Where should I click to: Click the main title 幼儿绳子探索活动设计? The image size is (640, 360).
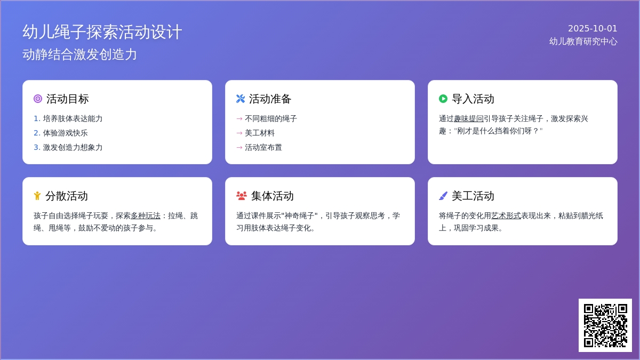[102, 31]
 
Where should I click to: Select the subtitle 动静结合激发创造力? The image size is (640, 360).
[79, 54]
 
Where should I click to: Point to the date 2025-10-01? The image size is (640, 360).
[593, 29]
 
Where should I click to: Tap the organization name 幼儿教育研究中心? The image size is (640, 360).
[583, 42]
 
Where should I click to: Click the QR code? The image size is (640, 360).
[605, 325]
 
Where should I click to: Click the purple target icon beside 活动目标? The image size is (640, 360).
[38, 99]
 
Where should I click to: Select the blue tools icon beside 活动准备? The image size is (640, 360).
[241, 99]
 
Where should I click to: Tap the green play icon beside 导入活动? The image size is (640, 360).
[443, 99]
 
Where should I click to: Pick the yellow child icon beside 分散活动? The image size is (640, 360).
[37, 196]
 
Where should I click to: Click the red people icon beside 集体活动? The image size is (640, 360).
[242, 196]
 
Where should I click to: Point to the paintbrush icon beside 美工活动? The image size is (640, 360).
[443, 196]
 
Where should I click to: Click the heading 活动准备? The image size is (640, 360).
[270, 99]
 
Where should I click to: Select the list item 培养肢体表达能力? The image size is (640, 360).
[73, 118]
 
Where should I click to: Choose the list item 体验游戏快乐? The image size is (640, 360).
[65, 133]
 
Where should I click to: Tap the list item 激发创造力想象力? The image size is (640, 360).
[73, 147]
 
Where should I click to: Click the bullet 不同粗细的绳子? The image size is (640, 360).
[271, 118]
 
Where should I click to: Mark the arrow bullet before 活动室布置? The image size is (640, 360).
[239, 148]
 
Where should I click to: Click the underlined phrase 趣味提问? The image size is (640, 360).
[469, 118]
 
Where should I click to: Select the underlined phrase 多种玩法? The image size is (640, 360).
[146, 215]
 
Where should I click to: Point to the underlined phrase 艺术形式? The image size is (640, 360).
[506, 215]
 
